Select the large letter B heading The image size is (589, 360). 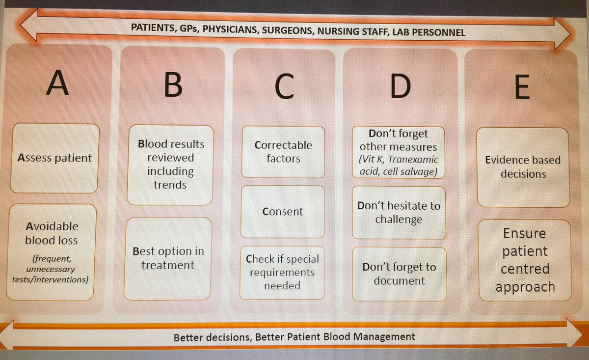click(x=172, y=85)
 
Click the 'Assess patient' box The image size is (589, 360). click(x=54, y=158)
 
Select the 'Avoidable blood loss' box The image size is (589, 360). click(x=52, y=252)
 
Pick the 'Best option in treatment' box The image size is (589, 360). click(x=168, y=258)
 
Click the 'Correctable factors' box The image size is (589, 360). click(x=283, y=152)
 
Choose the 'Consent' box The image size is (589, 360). click(x=282, y=212)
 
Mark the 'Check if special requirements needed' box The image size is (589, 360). click(x=282, y=272)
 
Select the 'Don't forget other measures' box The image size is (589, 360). click(x=399, y=152)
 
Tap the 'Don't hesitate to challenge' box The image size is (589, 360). click(x=399, y=212)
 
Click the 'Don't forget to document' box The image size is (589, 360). click(x=399, y=274)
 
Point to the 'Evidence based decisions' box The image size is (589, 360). click(x=523, y=167)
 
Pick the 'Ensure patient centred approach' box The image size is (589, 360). click(x=525, y=260)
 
